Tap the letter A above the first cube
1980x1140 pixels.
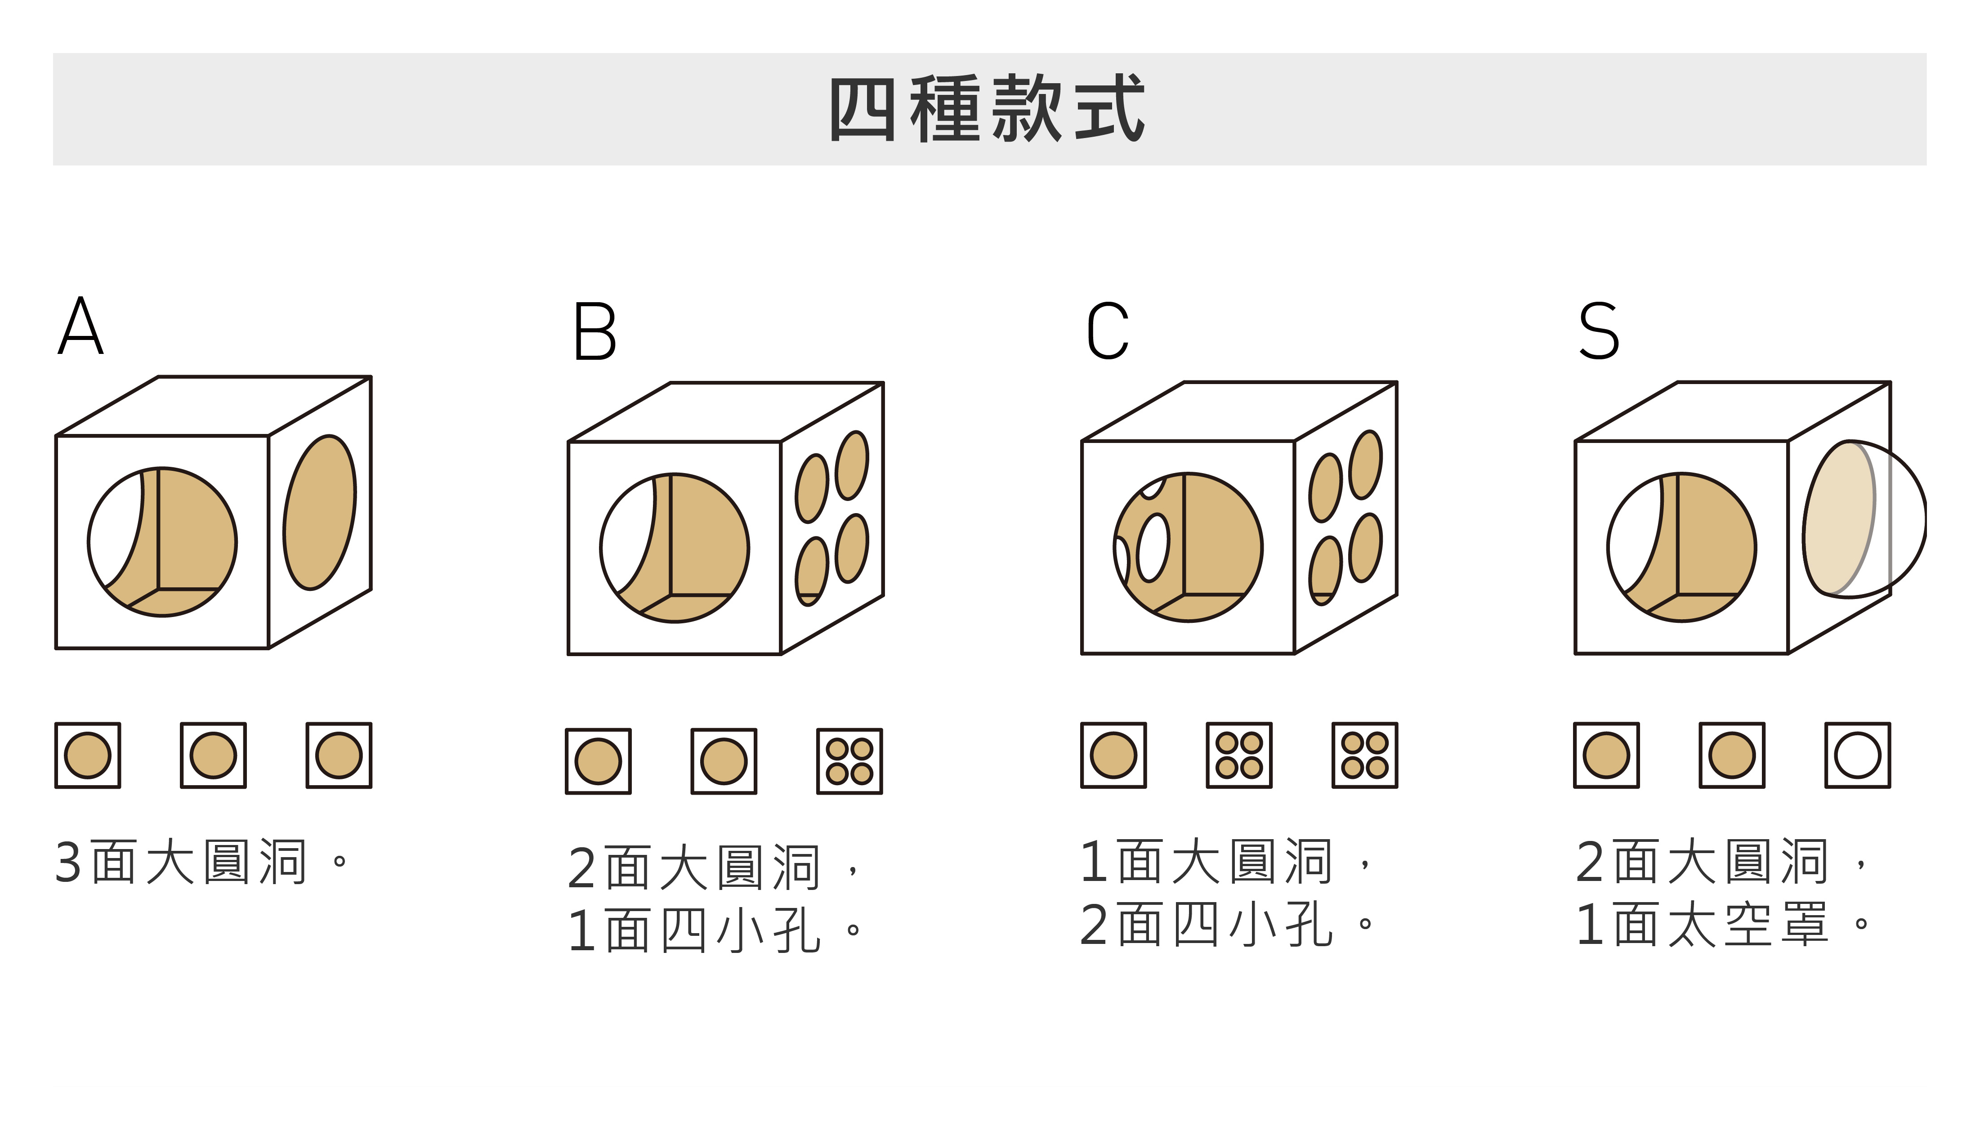pos(80,326)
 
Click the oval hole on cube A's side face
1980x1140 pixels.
pos(319,512)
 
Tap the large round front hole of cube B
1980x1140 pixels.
pos(675,548)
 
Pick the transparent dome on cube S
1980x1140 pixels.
pos(1864,519)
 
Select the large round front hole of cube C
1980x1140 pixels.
pos(1189,547)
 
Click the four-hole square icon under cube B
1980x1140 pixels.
pos(849,761)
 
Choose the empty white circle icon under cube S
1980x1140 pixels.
pos(1858,755)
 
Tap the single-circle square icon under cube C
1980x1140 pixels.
pos(1113,755)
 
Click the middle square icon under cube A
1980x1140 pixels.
pos(213,755)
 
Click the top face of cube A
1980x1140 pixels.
pos(213,406)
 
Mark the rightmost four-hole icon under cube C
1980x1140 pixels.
pos(1365,755)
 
